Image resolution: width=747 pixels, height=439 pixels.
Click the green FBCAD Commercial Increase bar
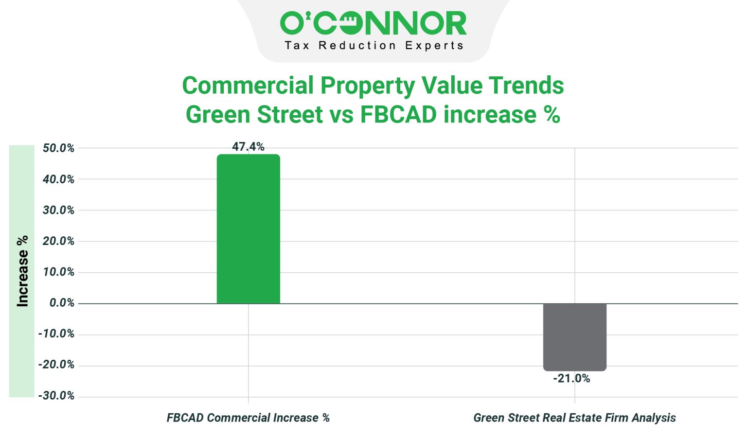248,229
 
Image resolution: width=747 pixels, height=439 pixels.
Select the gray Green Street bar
574,337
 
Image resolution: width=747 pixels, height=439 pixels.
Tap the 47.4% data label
248,147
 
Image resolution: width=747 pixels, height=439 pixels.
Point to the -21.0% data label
571,379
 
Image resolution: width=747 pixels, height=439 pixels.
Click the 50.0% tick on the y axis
58,148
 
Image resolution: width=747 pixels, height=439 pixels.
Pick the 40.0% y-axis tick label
58,179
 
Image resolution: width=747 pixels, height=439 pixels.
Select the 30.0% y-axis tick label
58,211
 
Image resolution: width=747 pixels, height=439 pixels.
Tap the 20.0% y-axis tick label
58,241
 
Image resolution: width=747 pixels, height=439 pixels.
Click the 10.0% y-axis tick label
58,272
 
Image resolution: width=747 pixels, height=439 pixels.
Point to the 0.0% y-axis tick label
62,303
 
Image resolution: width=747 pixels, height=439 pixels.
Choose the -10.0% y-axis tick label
56,334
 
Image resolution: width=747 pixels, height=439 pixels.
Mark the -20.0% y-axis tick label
56,365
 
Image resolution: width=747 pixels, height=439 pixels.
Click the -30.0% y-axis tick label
56,396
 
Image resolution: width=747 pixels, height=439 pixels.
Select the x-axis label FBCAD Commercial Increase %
248,418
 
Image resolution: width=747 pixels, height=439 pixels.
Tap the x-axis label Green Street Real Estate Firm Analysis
574,418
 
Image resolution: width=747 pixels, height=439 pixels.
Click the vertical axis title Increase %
22,271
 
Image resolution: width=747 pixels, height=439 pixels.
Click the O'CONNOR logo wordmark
373,24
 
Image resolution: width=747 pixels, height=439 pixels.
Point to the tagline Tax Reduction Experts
374,46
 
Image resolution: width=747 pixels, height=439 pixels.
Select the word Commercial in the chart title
248,86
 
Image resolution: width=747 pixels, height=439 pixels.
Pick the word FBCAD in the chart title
398,115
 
